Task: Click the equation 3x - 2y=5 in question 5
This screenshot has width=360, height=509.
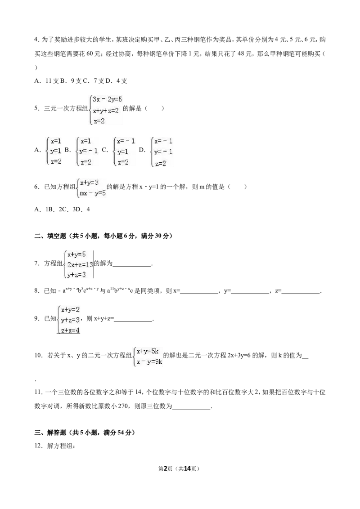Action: point(107,99)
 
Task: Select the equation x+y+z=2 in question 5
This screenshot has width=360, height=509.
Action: point(106,110)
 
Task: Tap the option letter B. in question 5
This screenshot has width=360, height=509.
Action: point(67,150)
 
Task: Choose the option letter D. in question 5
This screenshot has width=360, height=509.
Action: point(142,150)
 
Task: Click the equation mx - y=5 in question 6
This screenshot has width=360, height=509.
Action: point(93,193)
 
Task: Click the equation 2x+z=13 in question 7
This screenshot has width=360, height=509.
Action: point(80,264)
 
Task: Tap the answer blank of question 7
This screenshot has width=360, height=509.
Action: point(132,266)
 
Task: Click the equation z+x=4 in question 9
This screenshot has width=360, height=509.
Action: point(70,330)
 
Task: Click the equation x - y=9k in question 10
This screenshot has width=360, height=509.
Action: point(149,362)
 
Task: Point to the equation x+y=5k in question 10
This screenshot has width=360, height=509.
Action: point(148,351)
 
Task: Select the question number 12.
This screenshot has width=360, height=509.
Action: point(39,446)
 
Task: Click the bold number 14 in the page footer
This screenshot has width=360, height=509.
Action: point(187,469)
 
